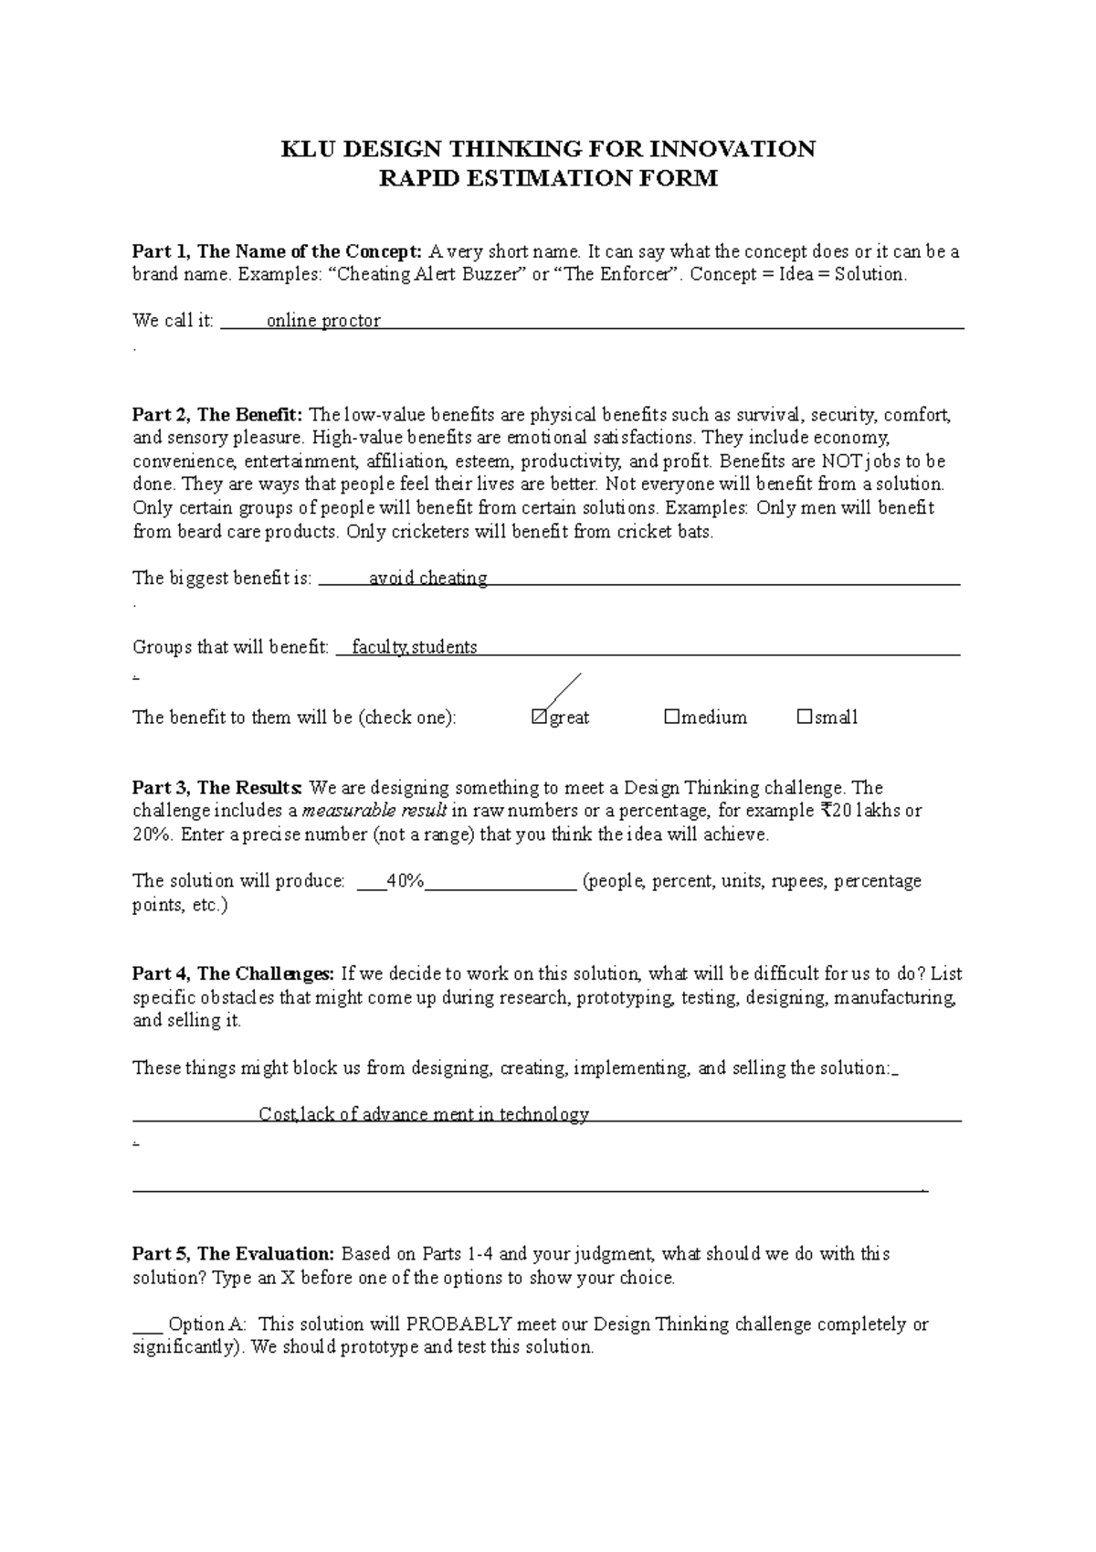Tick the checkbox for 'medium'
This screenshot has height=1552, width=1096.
(x=671, y=718)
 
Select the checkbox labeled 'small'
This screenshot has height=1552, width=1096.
(x=804, y=718)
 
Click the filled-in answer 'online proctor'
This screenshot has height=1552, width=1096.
(x=322, y=321)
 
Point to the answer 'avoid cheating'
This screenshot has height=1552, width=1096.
(x=427, y=579)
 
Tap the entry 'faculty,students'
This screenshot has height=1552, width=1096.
(x=414, y=648)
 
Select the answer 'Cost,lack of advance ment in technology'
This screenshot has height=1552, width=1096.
(x=424, y=1115)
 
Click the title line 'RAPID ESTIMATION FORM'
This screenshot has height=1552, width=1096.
(x=548, y=178)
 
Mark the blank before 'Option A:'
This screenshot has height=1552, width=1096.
(x=147, y=1324)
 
